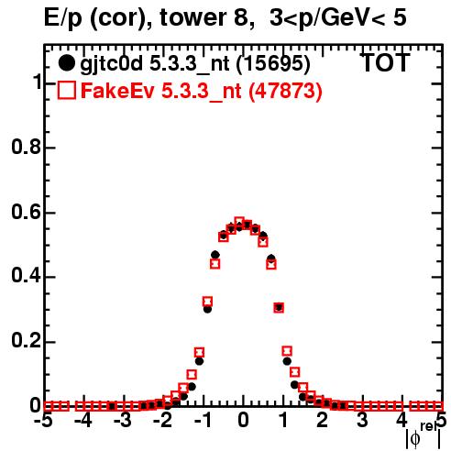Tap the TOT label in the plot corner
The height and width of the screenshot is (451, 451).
386,62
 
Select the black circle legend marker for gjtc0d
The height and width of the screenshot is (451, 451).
66,63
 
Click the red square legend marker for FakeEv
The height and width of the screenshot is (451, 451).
66,90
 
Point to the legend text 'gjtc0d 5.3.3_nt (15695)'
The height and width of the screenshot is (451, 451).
195,64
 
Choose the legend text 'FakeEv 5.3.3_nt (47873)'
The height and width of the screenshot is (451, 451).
202,91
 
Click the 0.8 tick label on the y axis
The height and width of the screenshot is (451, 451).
27,147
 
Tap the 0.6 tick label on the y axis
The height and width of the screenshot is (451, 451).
27,212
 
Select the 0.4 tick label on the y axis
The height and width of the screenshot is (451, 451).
27,276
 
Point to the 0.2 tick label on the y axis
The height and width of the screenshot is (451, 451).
27,341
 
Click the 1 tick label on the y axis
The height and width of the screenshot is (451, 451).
38,82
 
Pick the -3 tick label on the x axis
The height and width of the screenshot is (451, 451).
123,420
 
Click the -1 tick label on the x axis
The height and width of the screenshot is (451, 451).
203,420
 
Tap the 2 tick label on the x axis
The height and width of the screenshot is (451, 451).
323,420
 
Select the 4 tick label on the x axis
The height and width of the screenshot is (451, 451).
401,420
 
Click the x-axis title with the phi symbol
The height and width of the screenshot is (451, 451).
423,435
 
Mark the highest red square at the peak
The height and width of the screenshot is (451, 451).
239,221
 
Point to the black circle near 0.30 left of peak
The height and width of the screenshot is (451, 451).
207,309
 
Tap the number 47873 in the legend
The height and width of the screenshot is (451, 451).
284,91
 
